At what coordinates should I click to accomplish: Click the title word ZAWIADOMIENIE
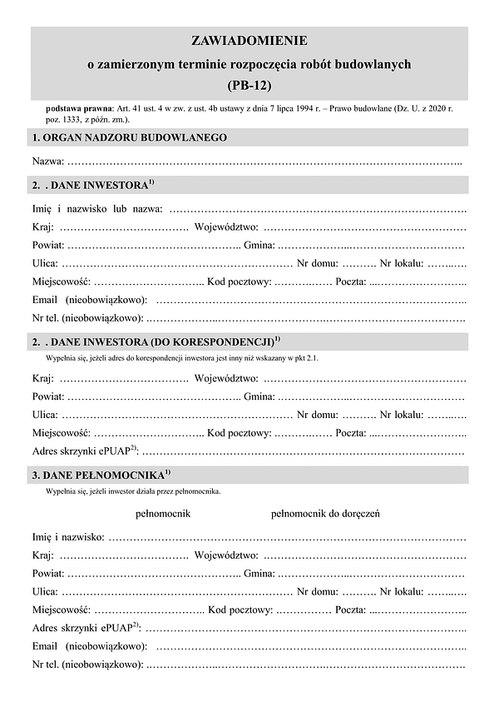click(x=249, y=41)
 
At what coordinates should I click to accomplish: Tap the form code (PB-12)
click(x=249, y=84)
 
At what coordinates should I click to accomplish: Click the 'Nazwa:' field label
click(x=47, y=160)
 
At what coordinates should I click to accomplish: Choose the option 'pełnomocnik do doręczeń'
click(x=325, y=513)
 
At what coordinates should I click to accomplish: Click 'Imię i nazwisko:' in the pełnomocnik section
click(x=68, y=537)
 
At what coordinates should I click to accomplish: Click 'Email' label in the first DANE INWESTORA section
click(x=45, y=299)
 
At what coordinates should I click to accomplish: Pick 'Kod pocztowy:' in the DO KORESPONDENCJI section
click(x=240, y=433)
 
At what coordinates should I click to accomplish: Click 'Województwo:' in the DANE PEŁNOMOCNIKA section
click(x=225, y=555)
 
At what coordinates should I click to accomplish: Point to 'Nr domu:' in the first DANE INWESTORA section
click(x=318, y=263)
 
